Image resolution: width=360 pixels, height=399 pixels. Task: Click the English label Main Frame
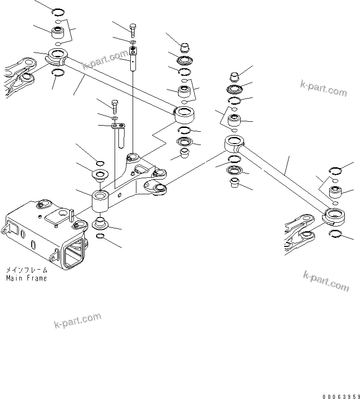point(27,278)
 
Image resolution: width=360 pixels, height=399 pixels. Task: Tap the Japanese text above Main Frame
point(27,270)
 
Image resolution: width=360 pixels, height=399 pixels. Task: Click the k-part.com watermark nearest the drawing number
point(326,281)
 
